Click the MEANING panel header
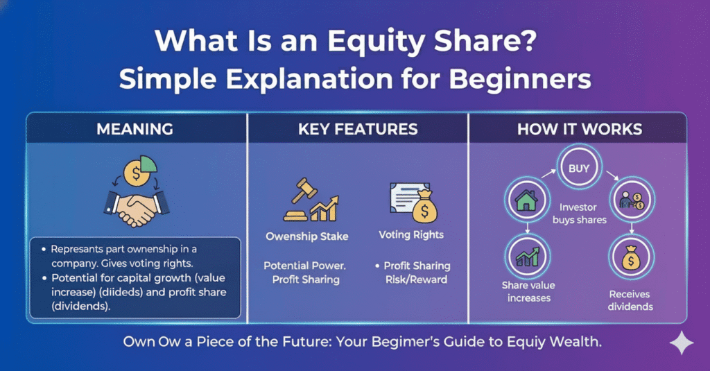tap(136, 129)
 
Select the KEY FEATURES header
tap(358, 129)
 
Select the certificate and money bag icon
tap(415, 201)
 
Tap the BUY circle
tap(579, 169)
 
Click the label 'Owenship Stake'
tap(307, 236)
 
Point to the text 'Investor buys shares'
tap(579, 214)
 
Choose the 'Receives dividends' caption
tap(631, 300)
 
